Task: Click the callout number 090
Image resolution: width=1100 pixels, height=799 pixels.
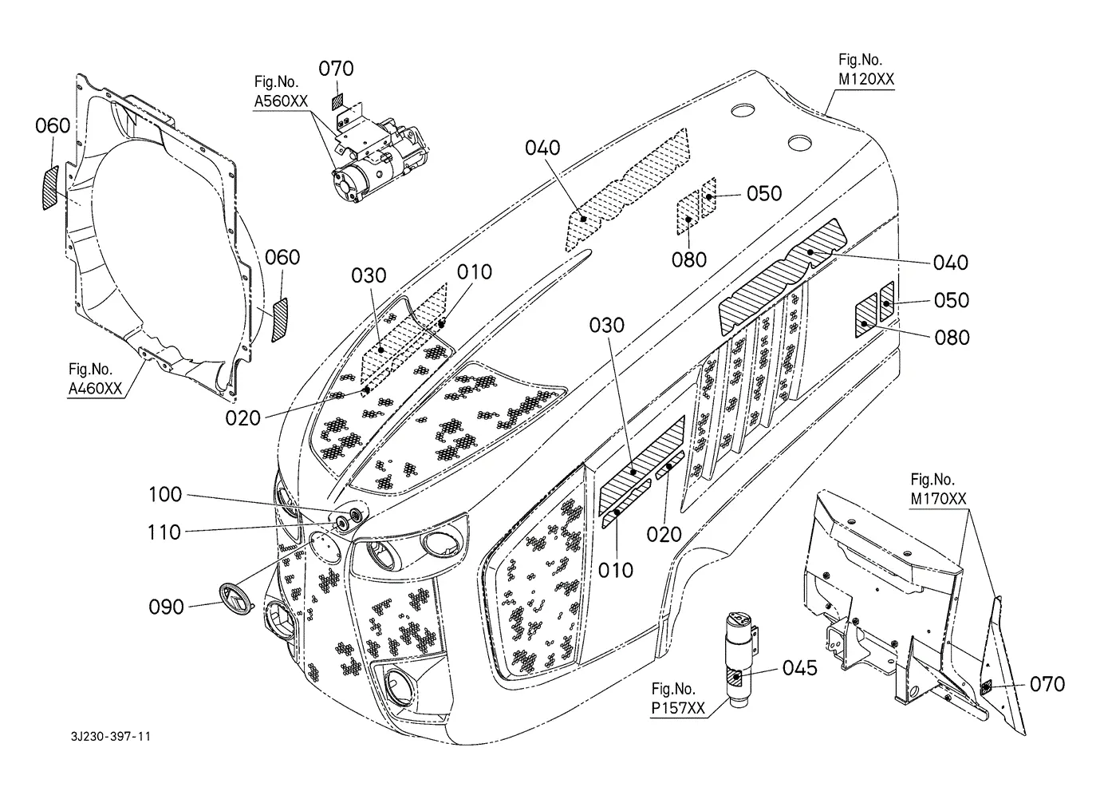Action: point(166,607)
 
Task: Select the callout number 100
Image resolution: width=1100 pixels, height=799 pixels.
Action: point(165,494)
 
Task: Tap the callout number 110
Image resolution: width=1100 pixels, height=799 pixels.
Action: point(164,532)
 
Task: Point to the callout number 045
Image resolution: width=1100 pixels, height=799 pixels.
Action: point(800,668)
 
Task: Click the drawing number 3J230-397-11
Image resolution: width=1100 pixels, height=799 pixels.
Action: point(111,736)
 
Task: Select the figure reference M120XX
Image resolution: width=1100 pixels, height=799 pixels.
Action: point(866,79)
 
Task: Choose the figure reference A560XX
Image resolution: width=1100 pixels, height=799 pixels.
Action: point(281,101)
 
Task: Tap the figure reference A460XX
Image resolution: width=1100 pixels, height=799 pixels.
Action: point(95,389)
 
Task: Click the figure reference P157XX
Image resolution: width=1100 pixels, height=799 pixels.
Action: point(678,708)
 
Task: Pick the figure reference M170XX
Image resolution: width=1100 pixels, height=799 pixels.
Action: point(938,499)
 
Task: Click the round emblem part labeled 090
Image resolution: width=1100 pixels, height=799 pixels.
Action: point(236,598)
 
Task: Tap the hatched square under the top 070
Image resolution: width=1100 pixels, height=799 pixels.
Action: point(338,103)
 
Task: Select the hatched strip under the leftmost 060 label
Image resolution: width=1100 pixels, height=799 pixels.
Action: point(50,188)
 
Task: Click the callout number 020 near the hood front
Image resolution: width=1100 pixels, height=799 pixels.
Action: point(242,419)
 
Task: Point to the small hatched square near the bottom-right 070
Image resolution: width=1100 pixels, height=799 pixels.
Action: point(986,687)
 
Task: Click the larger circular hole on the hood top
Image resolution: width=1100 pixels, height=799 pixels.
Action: point(799,143)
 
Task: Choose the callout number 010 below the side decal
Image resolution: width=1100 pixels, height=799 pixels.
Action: point(616,571)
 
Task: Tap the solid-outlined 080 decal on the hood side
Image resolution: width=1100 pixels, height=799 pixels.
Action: point(866,315)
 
